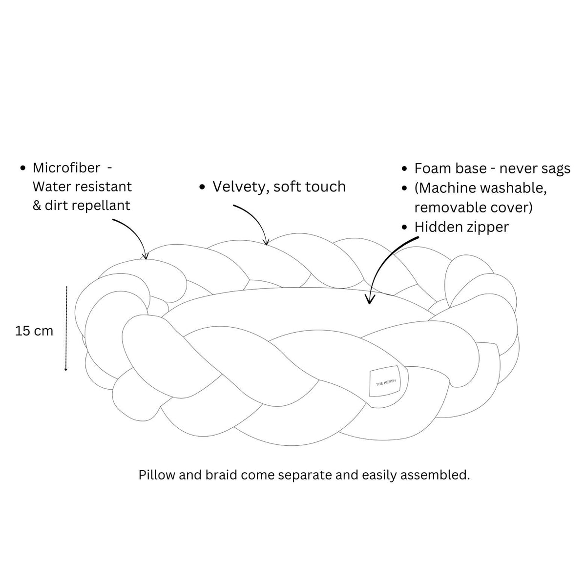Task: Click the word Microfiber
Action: [66, 168]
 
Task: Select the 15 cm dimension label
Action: [34, 331]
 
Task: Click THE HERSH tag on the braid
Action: [385, 382]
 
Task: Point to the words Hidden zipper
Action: [461, 228]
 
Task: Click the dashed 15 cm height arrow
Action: [66, 329]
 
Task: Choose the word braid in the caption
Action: [221, 475]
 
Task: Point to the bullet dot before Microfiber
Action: [22, 168]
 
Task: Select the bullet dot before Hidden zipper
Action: [404, 228]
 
